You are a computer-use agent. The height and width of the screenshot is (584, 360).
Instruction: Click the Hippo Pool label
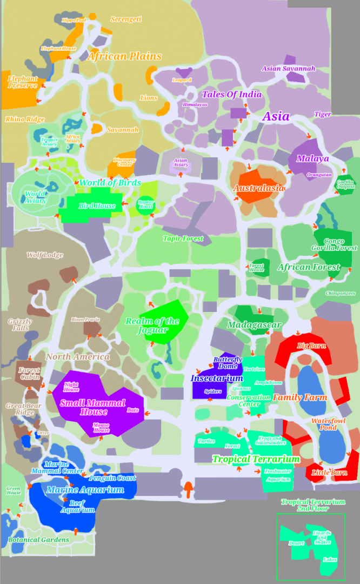pyautogui.click(x=74, y=20)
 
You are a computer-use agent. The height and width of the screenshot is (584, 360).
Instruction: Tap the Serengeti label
pyautogui.click(x=126, y=19)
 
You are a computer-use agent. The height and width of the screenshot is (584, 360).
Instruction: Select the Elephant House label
pyautogui.click(x=58, y=48)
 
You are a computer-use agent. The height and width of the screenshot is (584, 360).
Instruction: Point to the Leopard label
pyautogui.click(x=182, y=80)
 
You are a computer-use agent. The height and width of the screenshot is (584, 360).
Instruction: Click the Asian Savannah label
pyautogui.click(x=288, y=69)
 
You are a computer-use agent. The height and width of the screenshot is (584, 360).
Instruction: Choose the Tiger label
pyautogui.click(x=323, y=114)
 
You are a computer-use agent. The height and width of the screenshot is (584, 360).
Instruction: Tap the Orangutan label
pyautogui.click(x=319, y=175)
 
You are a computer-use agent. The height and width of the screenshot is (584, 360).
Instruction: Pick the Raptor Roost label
pyautogui.click(x=145, y=204)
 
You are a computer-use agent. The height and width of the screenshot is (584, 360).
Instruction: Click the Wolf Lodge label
pyautogui.click(x=45, y=255)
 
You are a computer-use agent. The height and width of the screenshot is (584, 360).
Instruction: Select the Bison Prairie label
pyautogui.click(x=85, y=320)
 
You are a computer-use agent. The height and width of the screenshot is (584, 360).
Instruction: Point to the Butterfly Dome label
pyautogui.click(x=228, y=363)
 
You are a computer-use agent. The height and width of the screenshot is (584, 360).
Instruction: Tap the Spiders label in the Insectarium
pyautogui.click(x=213, y=391)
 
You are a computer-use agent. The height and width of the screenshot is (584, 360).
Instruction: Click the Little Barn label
pyautogui.click(x=329, y=473)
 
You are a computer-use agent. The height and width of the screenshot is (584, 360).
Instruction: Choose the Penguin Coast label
pyautogui.click(x=112, y=478)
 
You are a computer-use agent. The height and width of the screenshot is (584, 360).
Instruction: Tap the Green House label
pyautogui.click(x=14, y=490)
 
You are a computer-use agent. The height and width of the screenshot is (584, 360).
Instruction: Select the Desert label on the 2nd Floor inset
pyautogui.click(x=296, y=543)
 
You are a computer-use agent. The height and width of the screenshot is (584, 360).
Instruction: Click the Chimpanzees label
pyautogui.click(x=341, y=293)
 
